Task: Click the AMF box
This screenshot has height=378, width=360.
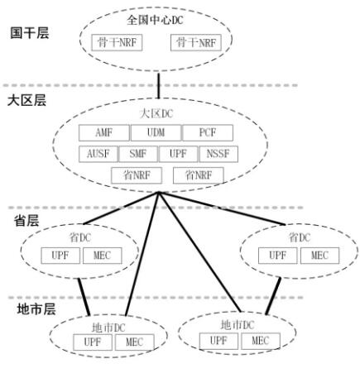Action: pos(103,133)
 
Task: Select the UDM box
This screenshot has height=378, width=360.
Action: pos(156,133)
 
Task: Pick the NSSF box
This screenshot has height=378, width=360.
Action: pos(220,154)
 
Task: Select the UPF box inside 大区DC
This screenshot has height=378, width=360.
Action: pos(179,154)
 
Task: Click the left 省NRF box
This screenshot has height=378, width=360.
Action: pos(134,175)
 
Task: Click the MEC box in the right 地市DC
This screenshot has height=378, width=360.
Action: pos(260,340)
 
